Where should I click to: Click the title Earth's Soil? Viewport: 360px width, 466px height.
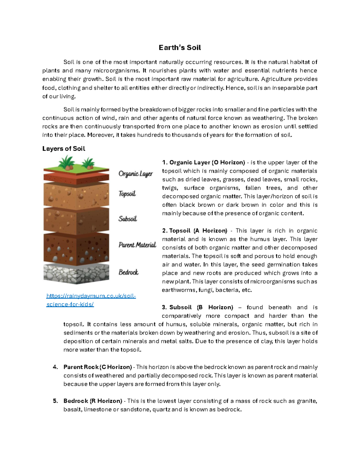pos(180,48)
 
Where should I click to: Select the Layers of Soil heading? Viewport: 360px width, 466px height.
pos(64,149)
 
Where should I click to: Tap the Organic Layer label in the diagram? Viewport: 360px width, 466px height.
pos(136,174)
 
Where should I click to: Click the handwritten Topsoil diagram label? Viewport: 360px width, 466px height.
pos(127,194)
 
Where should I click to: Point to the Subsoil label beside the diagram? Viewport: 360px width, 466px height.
pos(127,219)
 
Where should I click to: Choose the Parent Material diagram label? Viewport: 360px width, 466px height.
pos(137,245)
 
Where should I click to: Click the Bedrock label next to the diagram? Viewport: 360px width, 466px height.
pos(128,272)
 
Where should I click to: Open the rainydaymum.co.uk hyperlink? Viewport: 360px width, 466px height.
pos(91,300)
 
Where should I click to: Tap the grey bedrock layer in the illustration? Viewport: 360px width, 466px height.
pos(76,274)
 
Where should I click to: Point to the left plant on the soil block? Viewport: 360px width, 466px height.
pos(66,163)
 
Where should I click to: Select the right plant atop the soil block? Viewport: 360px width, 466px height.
pos(88,164)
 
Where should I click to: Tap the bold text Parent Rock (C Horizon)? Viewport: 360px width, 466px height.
pos(97,367)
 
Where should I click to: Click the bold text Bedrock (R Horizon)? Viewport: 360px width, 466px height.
pos(93,401)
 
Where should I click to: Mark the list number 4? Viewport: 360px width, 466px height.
pos(55,367)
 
